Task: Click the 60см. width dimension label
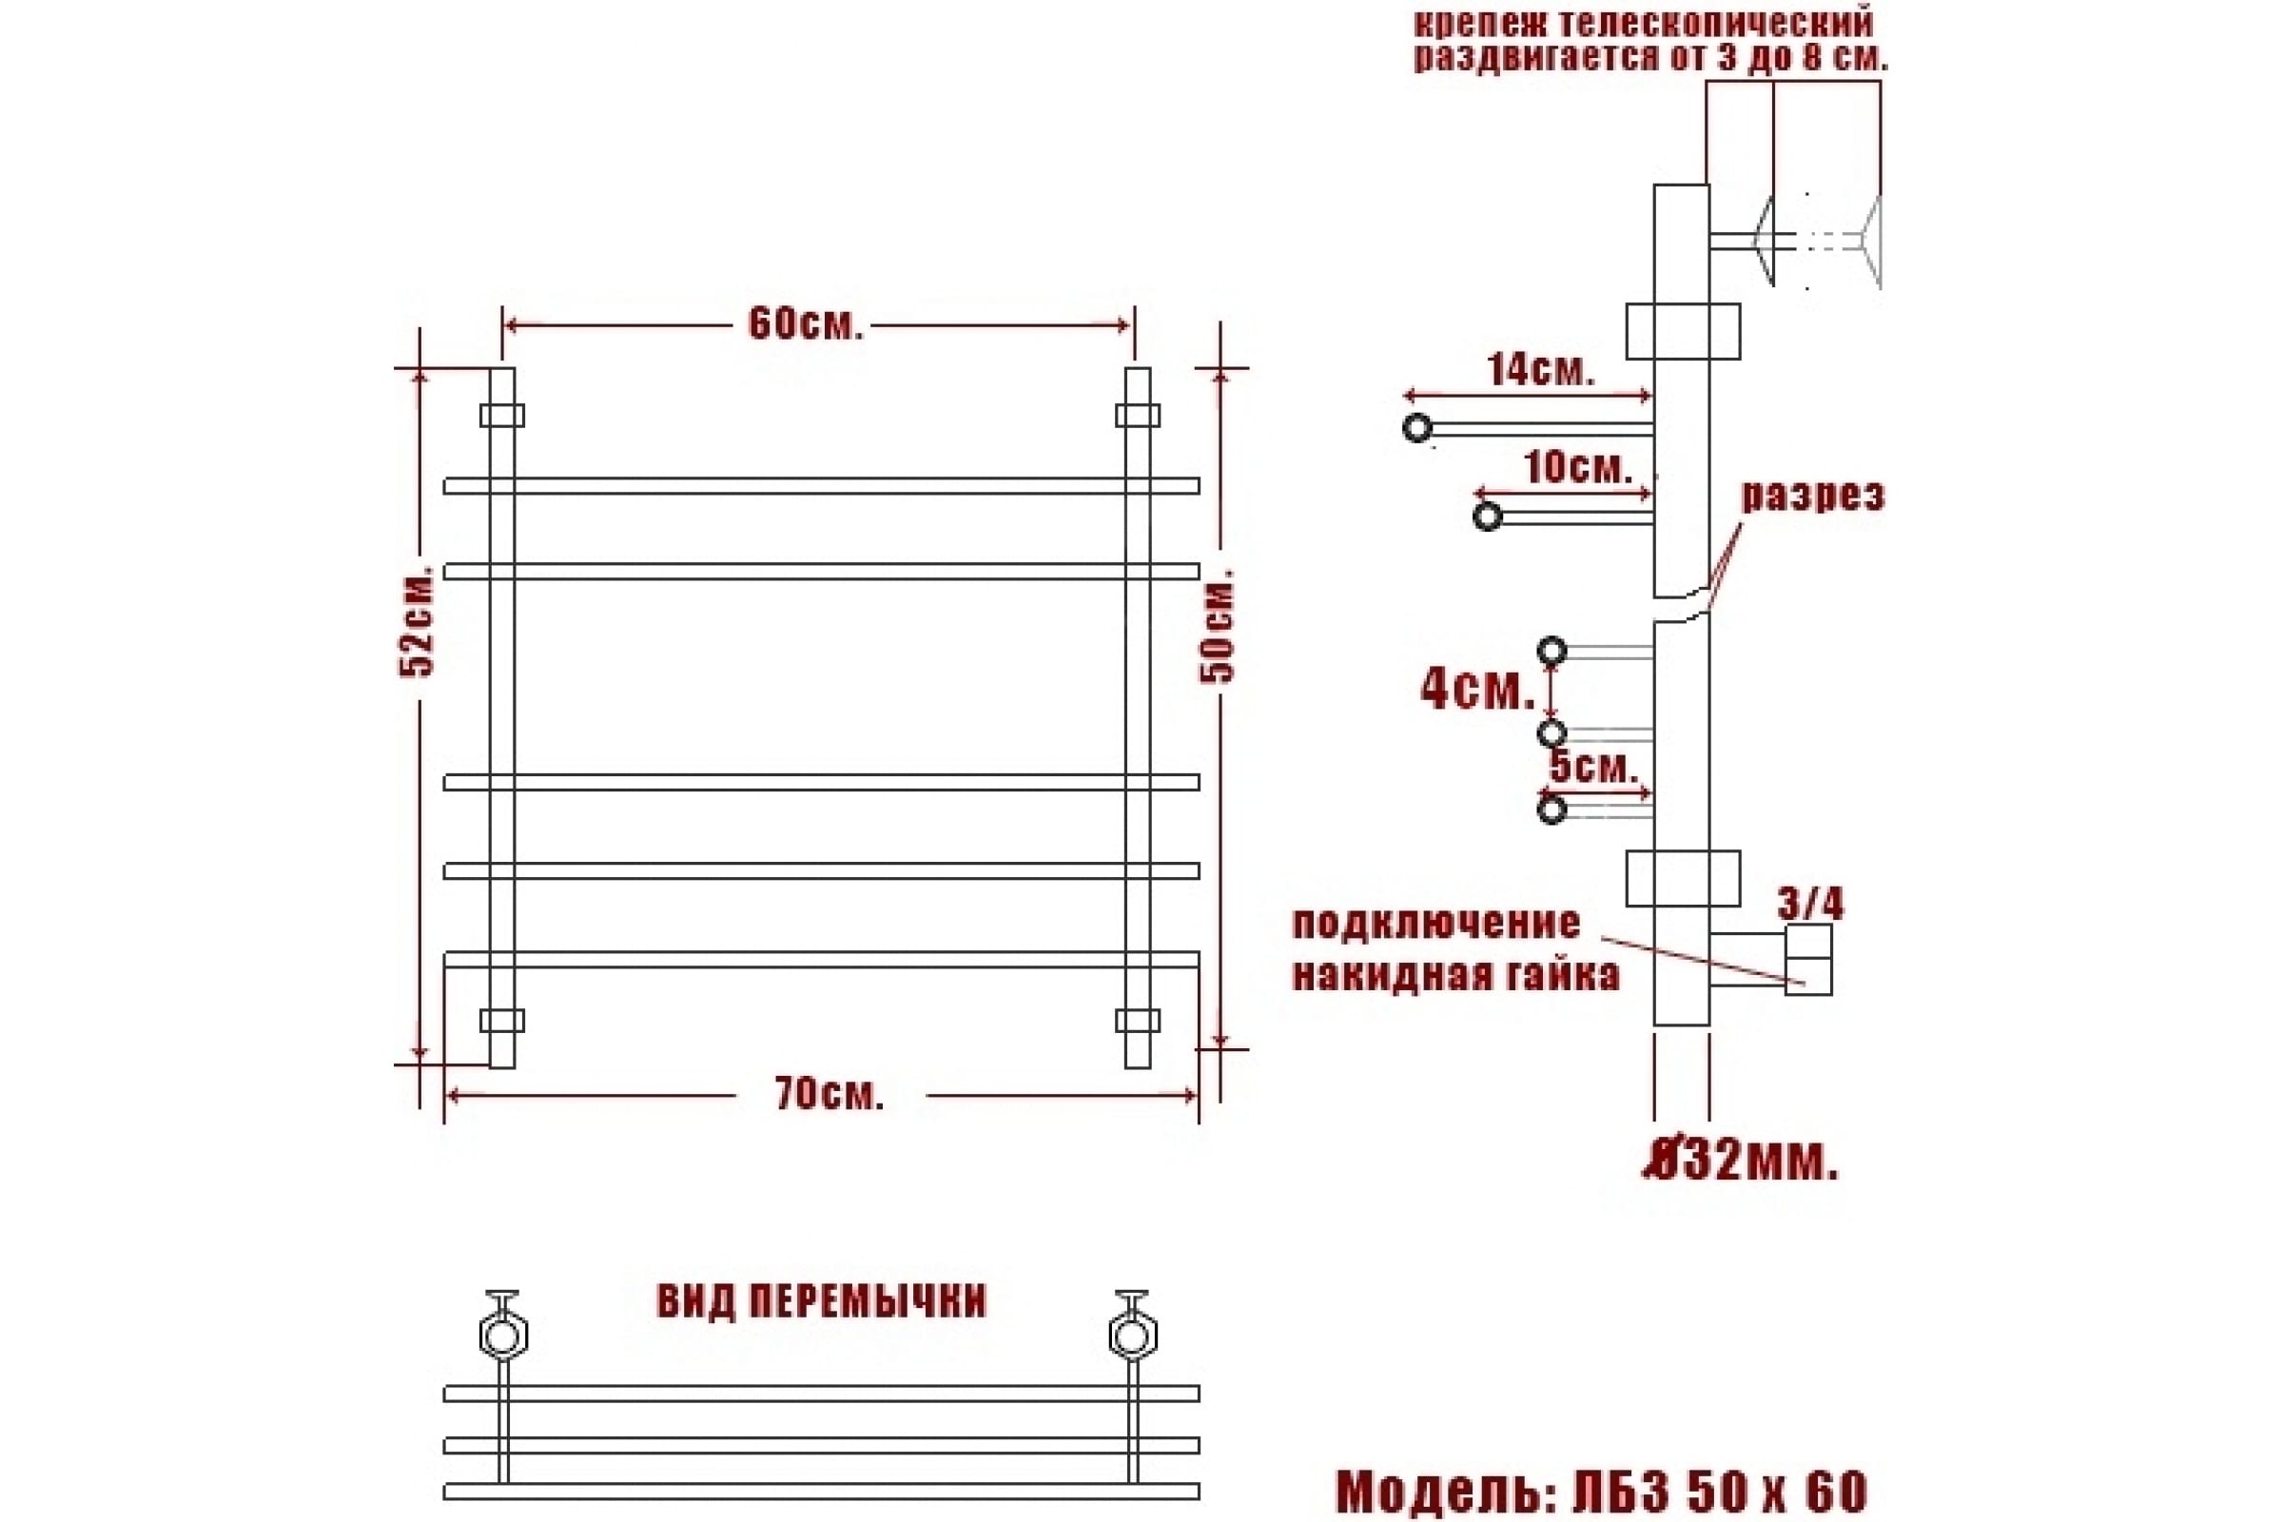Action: pyautogui.click(x=806, y=324)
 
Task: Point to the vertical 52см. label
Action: pyautogui.click(x=420, y=618)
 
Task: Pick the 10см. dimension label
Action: pyautogui.click(x=1578, y=468)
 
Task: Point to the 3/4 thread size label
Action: pyautogui.click(x=1810, y=904)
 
